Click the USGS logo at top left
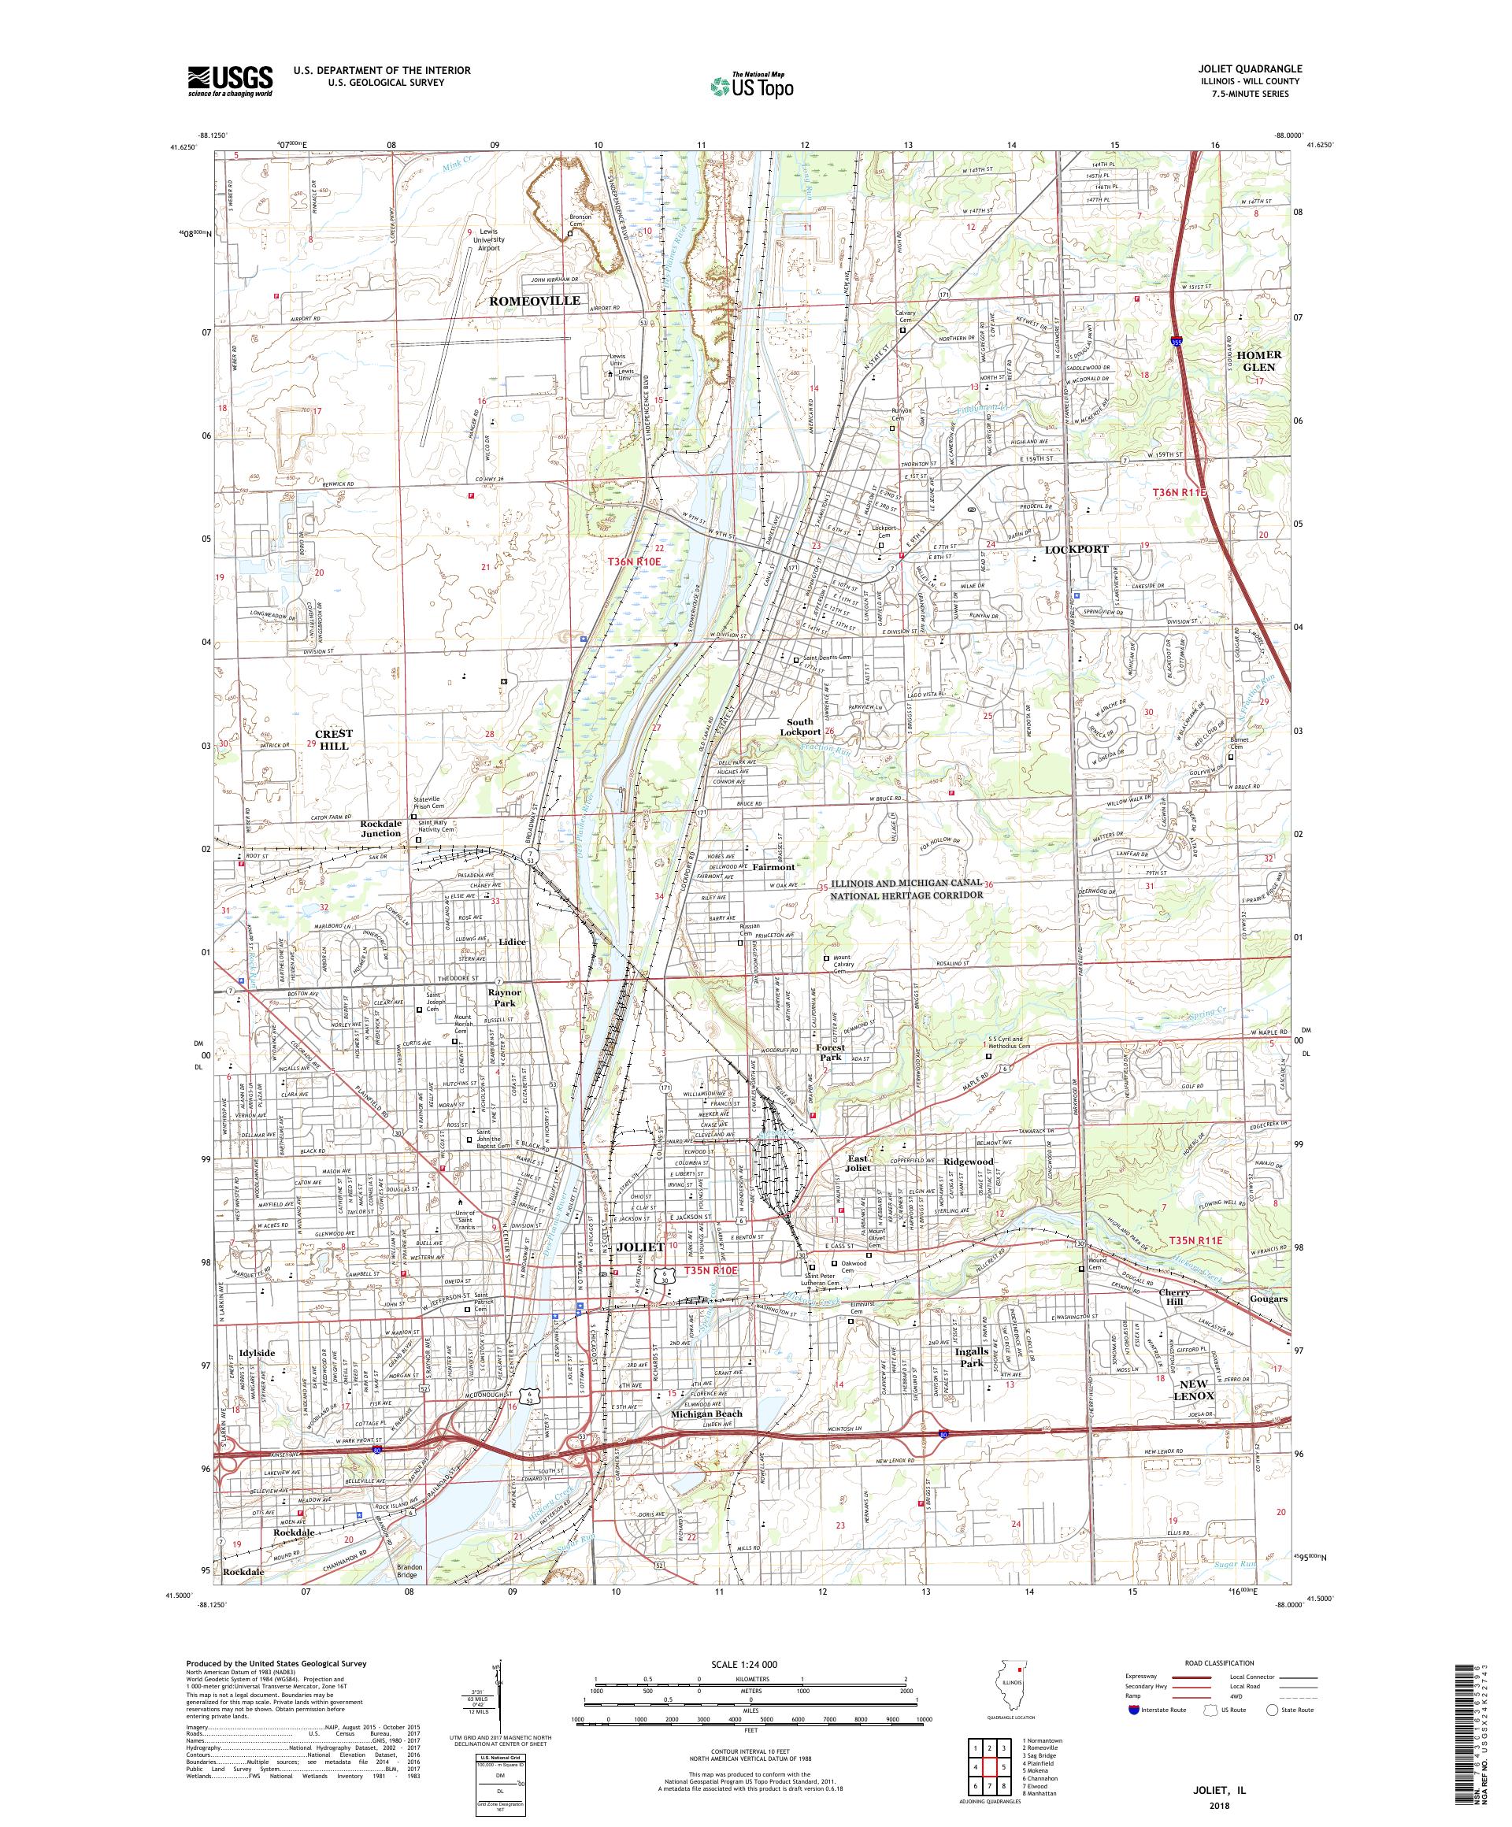coord(230,82)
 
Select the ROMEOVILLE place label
coord(534,300)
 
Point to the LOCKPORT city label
coord(1077,549)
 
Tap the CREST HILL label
coord(333,739)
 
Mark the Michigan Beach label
coord(706,1414)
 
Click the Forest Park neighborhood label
coord(830,1052)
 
